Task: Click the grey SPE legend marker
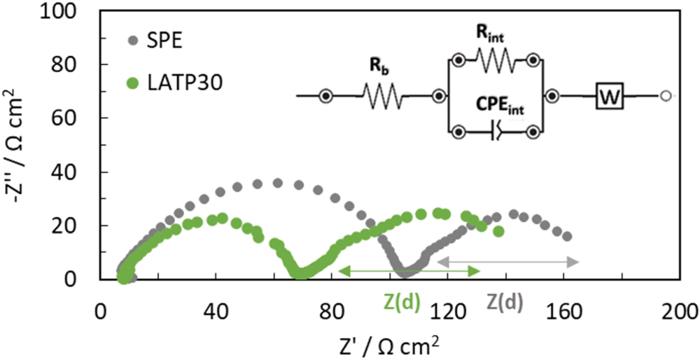click(x=133, y=40)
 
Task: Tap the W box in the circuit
click(x=610, y=95)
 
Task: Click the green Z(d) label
click(x=402, y=301)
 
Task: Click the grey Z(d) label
click(x=505, y=301)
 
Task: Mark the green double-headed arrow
click(x=408, y=270)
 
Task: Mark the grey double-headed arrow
click(x=507, y=262)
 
